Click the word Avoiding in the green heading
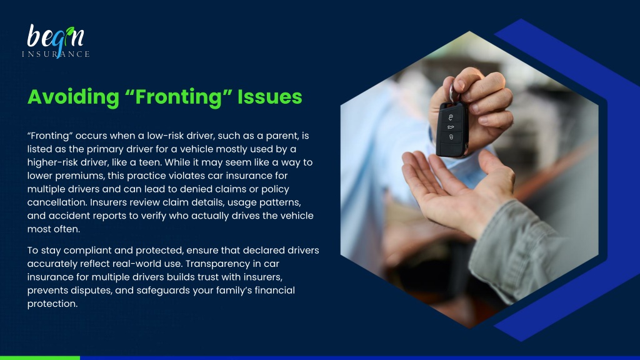click(x=74, y=97)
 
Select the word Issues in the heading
click(x=270, y=97)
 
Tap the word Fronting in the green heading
click(x=178, y=97)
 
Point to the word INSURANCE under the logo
click(x=56, y=54)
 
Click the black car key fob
click(x=451, y=129)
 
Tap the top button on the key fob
click(x=451, y=117)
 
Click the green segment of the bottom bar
click(x=40, y=358)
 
